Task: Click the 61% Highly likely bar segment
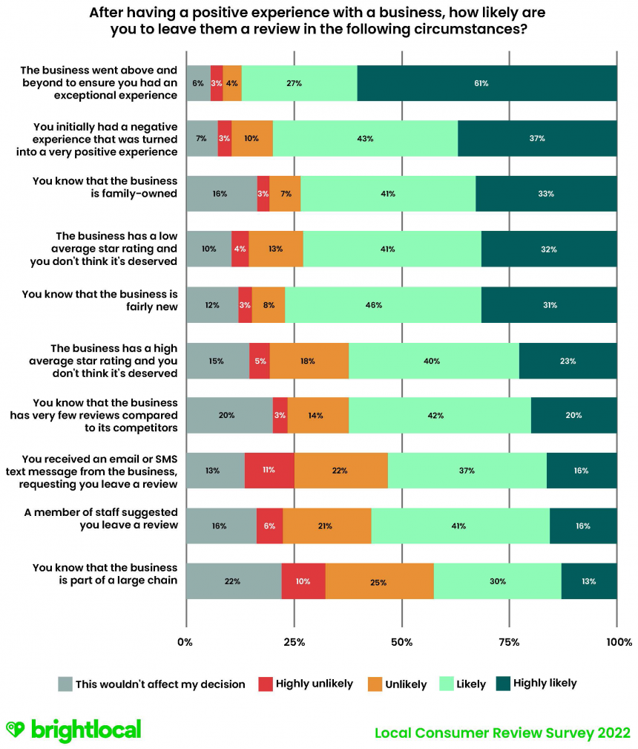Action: click(x=487, y=83)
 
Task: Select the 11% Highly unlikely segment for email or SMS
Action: click(x=269, y=470)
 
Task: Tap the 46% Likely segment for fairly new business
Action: click(x=383, y=304)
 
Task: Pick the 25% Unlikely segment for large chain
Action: click(x=379, y=581)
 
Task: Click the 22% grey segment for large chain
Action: click(x=233, y=581)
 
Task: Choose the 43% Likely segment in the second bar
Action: click(x=365, y=139)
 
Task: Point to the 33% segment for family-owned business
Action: click(x=546, y=194)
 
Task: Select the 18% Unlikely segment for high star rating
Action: click(x=309, y=361)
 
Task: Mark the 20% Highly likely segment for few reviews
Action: click(x=573, y=415)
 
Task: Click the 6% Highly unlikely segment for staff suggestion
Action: click(x=269, y=526)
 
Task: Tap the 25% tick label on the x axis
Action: click(x=294, y=642)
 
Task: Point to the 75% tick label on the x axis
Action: click(x=509, y=642)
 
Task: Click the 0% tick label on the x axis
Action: click(x=185, y=642)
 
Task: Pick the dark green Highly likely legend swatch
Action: click(x=501, y=684)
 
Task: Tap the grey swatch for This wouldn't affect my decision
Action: click(x=65, y=684)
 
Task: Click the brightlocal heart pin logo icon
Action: click(x=15, y=730)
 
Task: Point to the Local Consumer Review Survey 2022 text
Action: click(x=502, y=733)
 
